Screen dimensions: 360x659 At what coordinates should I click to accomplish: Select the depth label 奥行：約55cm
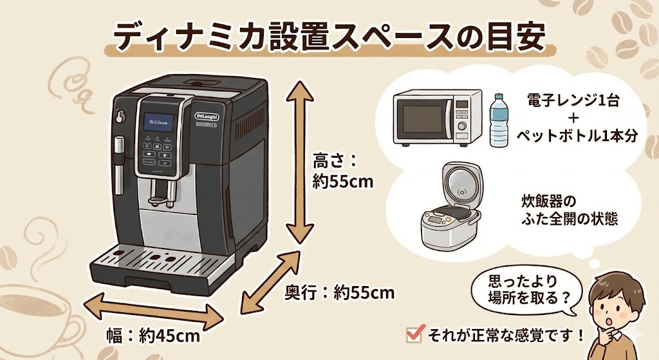(339, 293)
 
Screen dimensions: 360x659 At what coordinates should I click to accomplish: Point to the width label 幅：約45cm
(153, 335)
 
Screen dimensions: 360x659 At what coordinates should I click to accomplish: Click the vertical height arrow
(300, 161)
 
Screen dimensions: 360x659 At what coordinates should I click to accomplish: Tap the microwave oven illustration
(437, 116)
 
